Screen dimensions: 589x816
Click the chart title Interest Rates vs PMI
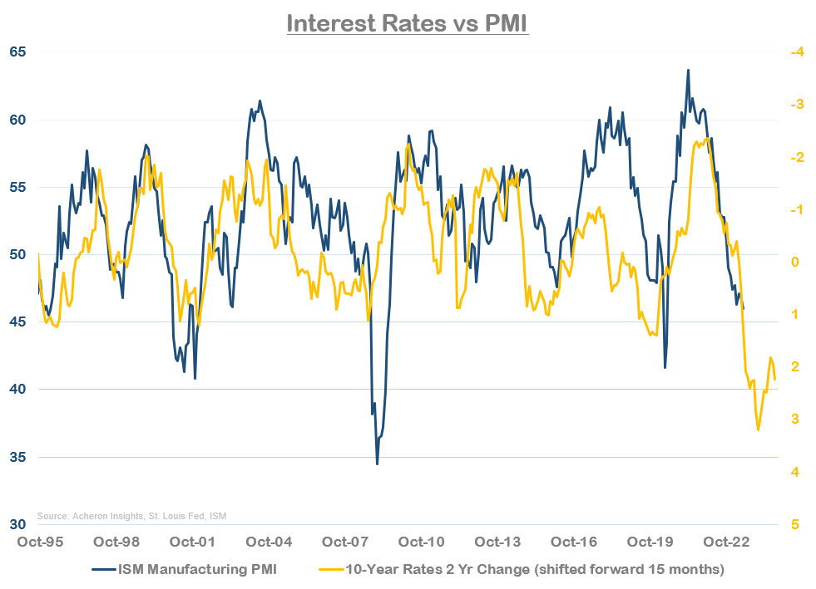[x=408, y=22]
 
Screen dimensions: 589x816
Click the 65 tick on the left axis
[x=18, y=52]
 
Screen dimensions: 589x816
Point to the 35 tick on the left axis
[x=18, y=457]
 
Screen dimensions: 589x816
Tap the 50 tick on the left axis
[x=18, y=254]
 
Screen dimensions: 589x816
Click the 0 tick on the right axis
[x=794, y=262]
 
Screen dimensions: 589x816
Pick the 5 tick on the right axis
[x=794, y=525]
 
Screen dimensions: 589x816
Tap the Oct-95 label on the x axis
[x=39, y=542]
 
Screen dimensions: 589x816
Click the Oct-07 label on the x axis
[x=346, y=542]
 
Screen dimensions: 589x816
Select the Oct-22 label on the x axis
[x=729, y=542]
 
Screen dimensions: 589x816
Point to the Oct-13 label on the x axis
[x=499, y=542]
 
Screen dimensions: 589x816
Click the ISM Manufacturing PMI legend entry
[x=195, y=569]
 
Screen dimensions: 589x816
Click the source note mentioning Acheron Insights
[x=131, y=516]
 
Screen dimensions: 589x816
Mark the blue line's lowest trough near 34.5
[x=377, y=464]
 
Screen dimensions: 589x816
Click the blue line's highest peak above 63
[x=688, y=71]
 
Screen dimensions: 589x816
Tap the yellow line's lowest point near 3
[x=758, y=429]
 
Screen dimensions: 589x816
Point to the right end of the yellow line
[x=775, y=380]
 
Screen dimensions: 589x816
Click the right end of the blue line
[x=743, y=309]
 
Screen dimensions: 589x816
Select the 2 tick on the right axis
[x=794, y=366]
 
